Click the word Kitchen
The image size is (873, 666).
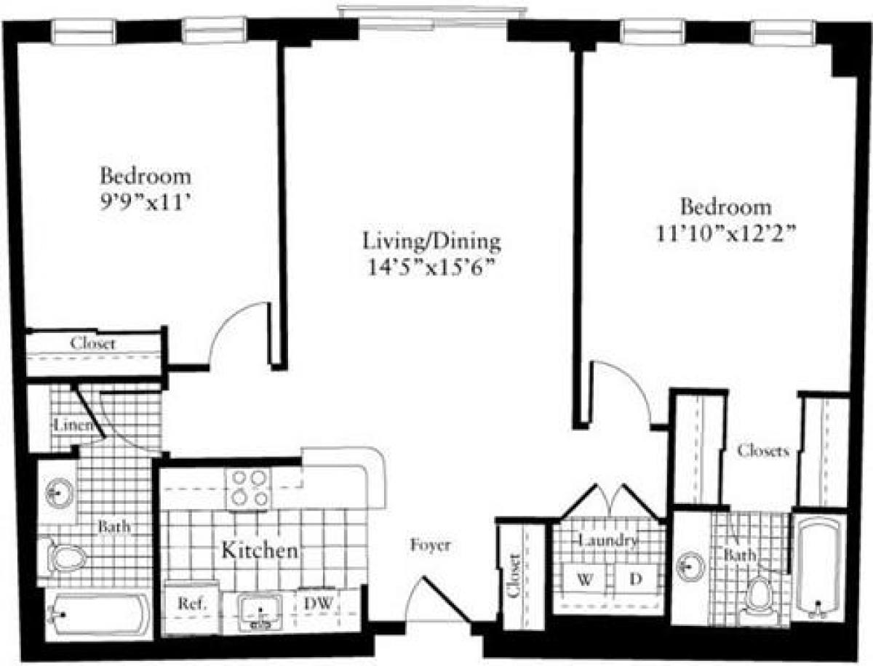(x=260, y=550)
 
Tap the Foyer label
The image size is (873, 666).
(x=430, y=545)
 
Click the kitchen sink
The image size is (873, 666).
(x=260, y=611)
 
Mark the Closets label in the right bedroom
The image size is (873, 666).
(x=762, y=451)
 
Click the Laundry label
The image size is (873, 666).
(x=609, y=541)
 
